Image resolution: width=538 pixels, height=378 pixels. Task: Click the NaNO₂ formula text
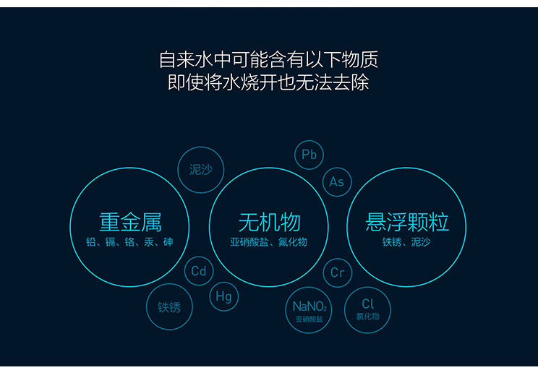(x=309, y=306)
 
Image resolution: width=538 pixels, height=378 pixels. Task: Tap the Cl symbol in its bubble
(x=367, y=304)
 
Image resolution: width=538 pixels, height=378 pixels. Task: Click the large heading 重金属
(x=130, y=223)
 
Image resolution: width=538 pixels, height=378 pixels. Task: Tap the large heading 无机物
(x=269, y=223)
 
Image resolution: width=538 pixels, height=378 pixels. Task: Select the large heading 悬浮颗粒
(x=407, y=223)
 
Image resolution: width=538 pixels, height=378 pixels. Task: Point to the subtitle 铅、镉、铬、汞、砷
(x=129, y=242)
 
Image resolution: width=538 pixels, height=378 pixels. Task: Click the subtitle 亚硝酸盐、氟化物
(x=269, y=242)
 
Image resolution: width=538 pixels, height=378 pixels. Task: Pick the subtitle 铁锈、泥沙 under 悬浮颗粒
(x=406, y=242)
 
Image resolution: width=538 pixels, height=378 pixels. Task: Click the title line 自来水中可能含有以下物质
(x=269, y=60)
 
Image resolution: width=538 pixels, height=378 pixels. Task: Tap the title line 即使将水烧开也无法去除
(x=269, y=82)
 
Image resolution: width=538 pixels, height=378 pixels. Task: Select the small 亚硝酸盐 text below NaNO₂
(x=309, y=319)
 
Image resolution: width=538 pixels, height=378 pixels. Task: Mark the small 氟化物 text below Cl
(x=367, y=317)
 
